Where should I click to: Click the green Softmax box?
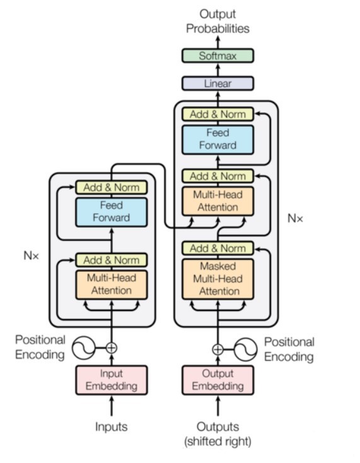pyautogui.click(x=218, y=56)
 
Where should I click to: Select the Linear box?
pyautogui.click(x=218, y=83)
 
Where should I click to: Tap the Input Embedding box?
pyautogui.click(x=111, y=380)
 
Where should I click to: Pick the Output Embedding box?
pyautogui.click(x=218, y=380)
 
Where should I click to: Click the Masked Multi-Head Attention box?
pyautogui.click(x=218, y=279)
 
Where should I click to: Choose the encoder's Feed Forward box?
pyautogui.click(x=111, y=212)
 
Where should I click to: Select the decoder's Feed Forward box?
pyautogui.click(x=218, y=139)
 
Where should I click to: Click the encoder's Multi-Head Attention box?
pyautogui.click(x=111, y=284)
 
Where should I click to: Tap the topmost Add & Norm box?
pyautogui.click(x=218, y=114)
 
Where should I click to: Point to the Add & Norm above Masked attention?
pyautogui.click(x=218, y=249)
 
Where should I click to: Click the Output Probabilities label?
pyautogui.click(x=218, y=21)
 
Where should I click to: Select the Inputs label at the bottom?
pyautogui.click(x=111, y=426)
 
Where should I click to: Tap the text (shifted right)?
pyautogui.click(x=218, y=442)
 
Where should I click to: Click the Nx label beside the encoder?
pyautogui.click(x=31, y=255)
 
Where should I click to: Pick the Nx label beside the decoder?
pyautogui.click(x=295, y=218)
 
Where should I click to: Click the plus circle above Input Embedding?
pyautogui.click(x=111, y=348)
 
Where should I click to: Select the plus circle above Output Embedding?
pyautogui.click(x=218, y=349)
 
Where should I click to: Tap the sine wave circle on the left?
pyautogui.click(x=84, y=348)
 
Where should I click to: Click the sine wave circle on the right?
pyautogui.click(x=245, y=349)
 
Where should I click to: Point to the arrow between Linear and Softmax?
pyautogui.click(x=218, y=69)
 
